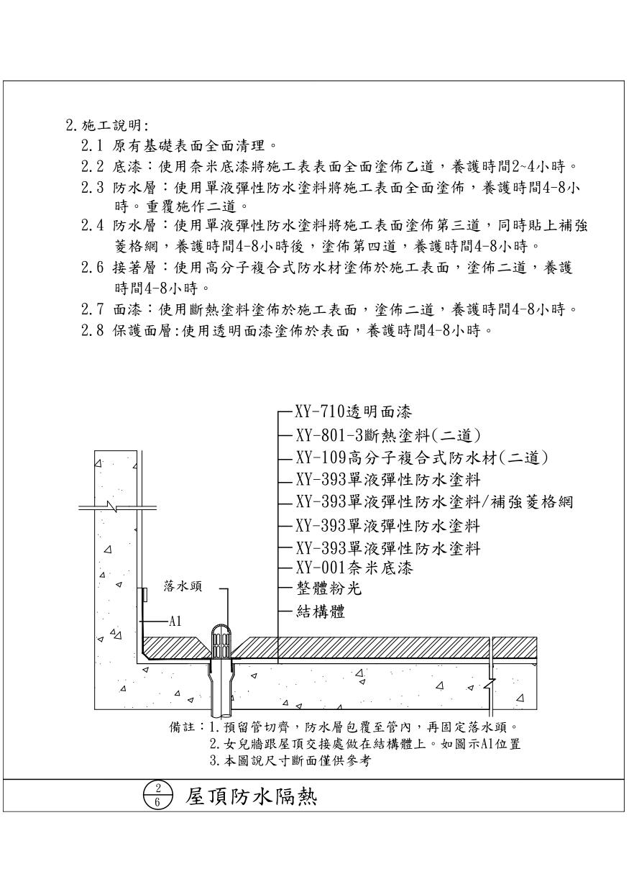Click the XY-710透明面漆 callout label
(x=353, y=413)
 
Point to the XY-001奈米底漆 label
(x=354, y=568)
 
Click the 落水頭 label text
(x=183, y=586)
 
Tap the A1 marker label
(x=175, y=621)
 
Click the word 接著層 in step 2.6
(x=132, y=269)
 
